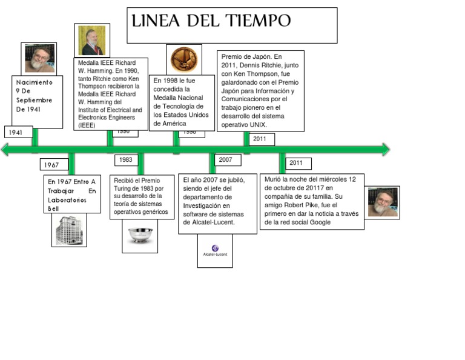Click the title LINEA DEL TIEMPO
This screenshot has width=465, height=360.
pyautogui.click(x=211, y=22)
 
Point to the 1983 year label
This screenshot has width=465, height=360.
pyautogui.click(x=126, y=160)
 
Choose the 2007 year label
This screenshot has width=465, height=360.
pyautogui.click(x=226, y=160)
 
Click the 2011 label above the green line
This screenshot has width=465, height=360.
pyautogui.click(x=260, y=139)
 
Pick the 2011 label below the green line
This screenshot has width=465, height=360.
pyautogui.click(x=297, y=163)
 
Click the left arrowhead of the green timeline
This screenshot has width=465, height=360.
pyautogui.click(x=6, y=149)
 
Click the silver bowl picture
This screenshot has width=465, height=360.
pyautogui.click(x=140, y=236)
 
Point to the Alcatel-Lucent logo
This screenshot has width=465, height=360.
pyautogui.click(x=215, y=250)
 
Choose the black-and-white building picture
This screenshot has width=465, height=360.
pyautogui.click(x=68, y=230)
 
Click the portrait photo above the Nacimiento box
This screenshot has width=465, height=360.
pyautogui.click(x=39, y=58)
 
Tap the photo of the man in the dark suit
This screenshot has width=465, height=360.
pyautogui.click(x=93, y=40)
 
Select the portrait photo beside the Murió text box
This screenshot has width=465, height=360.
pyautogui.click(x=383, y=202)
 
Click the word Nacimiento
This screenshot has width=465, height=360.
pyautogui.click(x=35, y=82)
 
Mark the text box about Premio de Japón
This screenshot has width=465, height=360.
pyautogui.click(x=260, y=91)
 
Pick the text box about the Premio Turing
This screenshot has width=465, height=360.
pyautogui.click(x=139, y=196)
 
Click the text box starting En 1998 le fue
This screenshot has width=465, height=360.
pyautogui.click(x=182, y=102)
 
